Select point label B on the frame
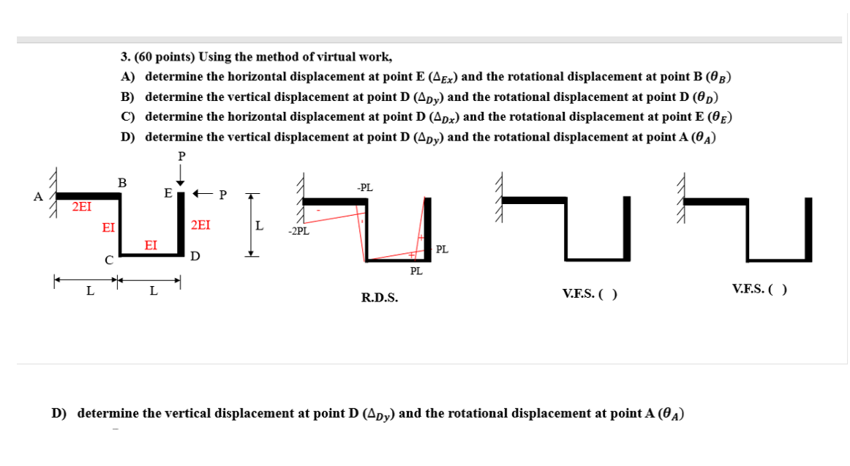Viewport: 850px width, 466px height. [122, 183]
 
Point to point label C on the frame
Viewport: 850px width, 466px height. [108, 259]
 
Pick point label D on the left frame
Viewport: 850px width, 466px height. [195, 256]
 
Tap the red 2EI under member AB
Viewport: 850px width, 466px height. [81, 207]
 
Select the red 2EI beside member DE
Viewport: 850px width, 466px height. [200, 225]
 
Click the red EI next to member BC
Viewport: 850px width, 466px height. [108, 228]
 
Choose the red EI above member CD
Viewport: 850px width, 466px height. [151, 244]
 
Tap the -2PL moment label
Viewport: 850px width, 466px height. [298, 232]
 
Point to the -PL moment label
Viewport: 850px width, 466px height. [364, 187]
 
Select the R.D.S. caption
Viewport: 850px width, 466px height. [380, 298]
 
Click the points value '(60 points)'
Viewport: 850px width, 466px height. [165, 56]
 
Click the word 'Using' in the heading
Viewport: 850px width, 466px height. [214, 56]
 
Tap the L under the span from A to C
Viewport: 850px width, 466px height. [89, 291]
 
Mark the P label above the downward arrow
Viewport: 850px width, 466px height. [181, 155]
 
